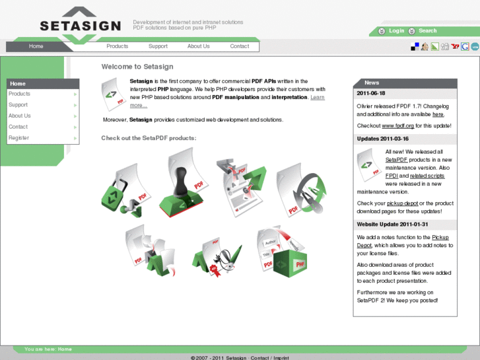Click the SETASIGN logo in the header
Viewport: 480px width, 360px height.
tap(80, 25)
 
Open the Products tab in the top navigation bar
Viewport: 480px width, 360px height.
tap(118, 46)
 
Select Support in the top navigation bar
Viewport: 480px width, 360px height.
tap(158, 46)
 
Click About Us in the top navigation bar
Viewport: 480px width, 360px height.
tap(198, 46)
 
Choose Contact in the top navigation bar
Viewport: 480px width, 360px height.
tap(240, 46)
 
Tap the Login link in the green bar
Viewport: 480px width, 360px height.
tap(396, 31)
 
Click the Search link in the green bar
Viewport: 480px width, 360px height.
tap(427, 31)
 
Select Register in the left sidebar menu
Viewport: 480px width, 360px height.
tap(18, 138)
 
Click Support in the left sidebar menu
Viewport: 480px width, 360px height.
tap(18, 105)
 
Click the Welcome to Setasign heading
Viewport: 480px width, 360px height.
tap(137, 67)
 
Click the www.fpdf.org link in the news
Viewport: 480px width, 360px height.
tap(397, 126)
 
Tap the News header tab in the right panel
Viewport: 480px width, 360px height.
tap(372, 83)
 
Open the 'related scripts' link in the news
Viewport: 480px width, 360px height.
tap(427, 176)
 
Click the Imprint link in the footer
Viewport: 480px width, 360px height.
tap(281, 357)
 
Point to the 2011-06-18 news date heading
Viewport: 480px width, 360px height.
tap(371, 94)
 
